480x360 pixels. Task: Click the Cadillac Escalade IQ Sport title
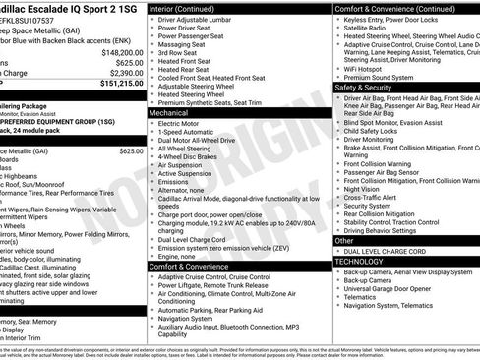click(x=69, y=8)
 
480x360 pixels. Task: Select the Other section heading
click(x=344, y=240)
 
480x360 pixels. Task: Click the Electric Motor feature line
click(x=181, y=123)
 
